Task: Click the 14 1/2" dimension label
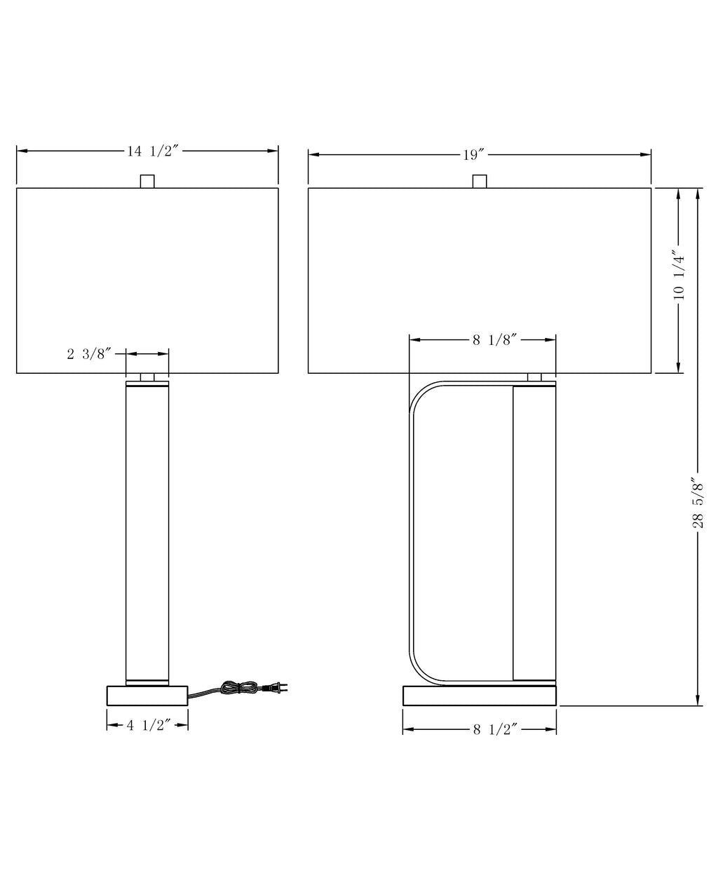point(152,151)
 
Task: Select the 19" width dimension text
point(473,155)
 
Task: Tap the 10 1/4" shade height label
point(679,275)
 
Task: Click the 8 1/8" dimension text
point(494,340)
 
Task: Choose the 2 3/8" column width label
point(89,354)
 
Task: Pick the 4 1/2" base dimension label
point(149,725)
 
